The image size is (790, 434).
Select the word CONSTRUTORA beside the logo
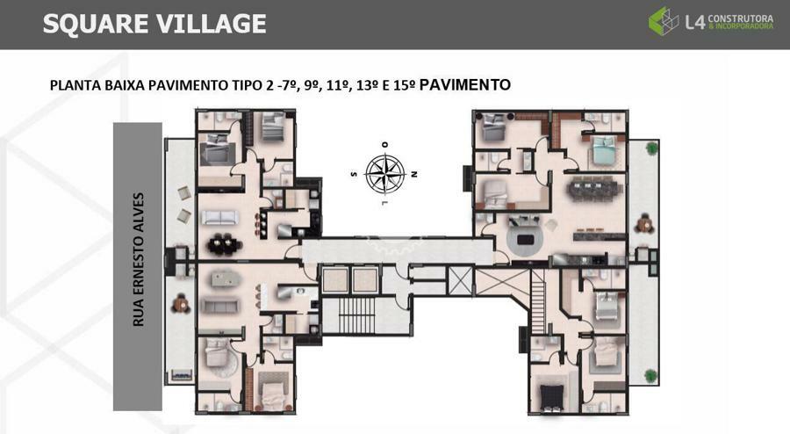tap(741, 18)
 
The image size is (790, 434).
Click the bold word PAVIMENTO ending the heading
tap(465, 84)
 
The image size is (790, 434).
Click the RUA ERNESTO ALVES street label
tap(138, 259)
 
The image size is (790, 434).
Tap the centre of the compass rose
tap(385, 174)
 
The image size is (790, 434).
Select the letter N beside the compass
tap(414, 175)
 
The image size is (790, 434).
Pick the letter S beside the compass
tap(354, 175)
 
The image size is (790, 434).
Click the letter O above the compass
tap(385, 145)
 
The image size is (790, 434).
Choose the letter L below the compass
tap(385, 204)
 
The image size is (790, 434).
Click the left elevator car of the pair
tap(335, 280)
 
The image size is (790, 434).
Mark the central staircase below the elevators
tap(356, 315)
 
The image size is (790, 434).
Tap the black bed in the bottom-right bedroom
tap(553, 398)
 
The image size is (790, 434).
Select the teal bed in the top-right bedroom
tap(606, 150)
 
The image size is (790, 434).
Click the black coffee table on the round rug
tap(525, 239)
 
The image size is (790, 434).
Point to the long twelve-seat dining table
tap(593, 190)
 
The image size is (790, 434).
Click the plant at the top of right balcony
tap(652, 148)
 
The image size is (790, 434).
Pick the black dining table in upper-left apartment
tap(224, 244)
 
